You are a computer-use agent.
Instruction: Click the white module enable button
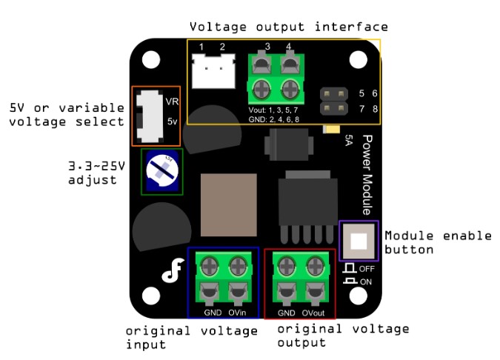[359, 241]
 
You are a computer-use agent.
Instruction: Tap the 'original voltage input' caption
[191, 337]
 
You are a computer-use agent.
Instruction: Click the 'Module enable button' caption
[437, 242]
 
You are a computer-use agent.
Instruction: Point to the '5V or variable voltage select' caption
[65, 114]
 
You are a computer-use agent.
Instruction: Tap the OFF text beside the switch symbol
[367, 269]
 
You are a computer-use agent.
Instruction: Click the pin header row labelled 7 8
[334, 109]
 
